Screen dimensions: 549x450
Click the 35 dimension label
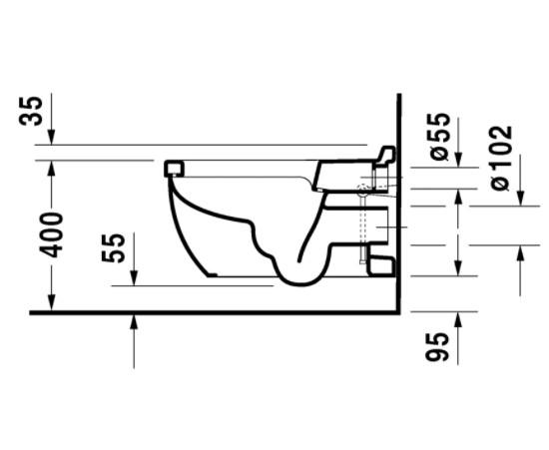pos(31,111)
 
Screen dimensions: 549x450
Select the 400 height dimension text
pos(51,234)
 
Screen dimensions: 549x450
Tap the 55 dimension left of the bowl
pos(113,248)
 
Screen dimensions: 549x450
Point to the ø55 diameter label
pos(439,137)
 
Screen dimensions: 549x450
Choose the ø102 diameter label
pos(501,158)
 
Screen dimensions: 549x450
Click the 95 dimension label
pos(436,346)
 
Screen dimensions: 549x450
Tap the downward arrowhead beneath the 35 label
pos(52,137)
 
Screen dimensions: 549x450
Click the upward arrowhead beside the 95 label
pos(458,319)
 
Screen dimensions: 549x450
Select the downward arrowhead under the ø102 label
pos(521,198)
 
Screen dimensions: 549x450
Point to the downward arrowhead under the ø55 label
pos(458,160)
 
